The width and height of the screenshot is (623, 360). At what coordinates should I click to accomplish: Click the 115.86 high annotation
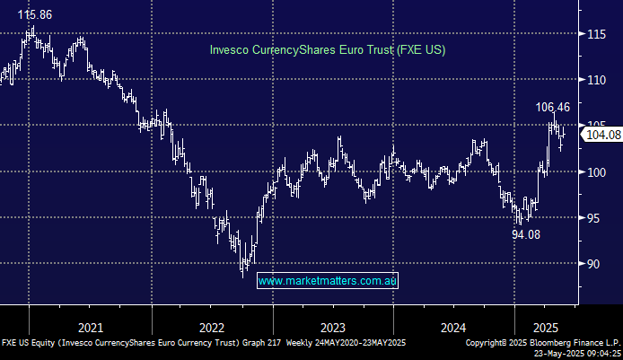tap(32, 16)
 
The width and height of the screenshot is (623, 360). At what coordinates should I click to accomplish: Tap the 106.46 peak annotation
tap(554, 107)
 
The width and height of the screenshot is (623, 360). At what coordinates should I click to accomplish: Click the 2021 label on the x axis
tap(90, 328)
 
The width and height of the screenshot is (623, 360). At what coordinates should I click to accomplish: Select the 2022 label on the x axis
tap(212, 328)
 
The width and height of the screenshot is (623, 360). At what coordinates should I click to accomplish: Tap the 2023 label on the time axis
tap(332, 328)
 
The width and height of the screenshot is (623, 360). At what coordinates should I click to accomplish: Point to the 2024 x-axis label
tap(453, 328)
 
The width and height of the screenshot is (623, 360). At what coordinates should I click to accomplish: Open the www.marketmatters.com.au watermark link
tap(328, 281)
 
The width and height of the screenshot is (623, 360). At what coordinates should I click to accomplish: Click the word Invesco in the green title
tap(231, 49)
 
